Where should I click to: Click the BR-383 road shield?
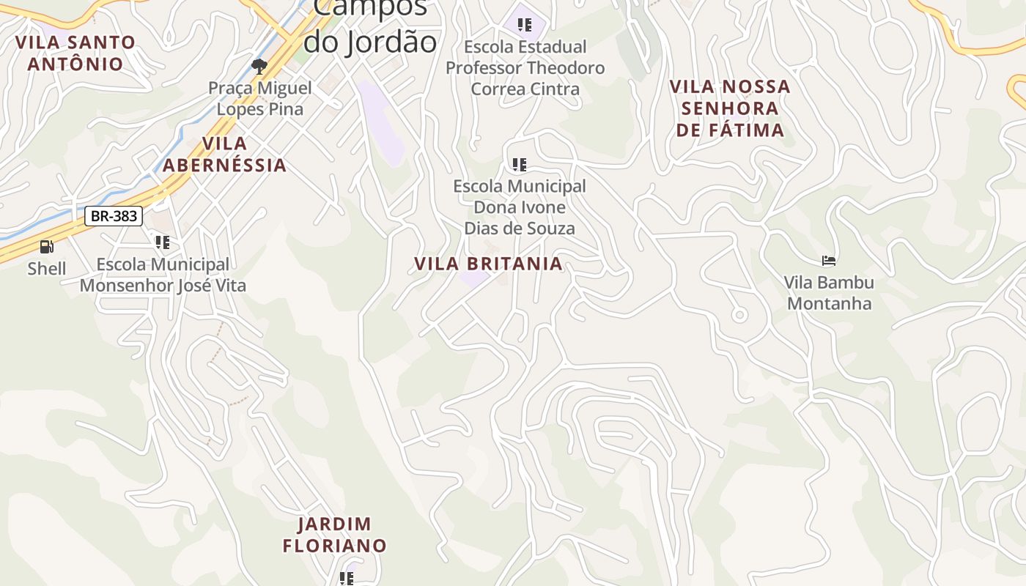[x=114, y=216]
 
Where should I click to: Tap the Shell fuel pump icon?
[x=46, y=247]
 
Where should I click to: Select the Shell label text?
[x=47, y=269]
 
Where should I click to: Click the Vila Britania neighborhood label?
[x=488, y=264]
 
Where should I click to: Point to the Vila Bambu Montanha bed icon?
[x=829, y=260]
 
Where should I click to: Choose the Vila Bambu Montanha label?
[x=829, y=293]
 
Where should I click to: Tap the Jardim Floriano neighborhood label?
[x=334, y=535]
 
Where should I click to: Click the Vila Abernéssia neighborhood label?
[x=224, y=155]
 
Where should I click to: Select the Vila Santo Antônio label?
[x=75, y=53]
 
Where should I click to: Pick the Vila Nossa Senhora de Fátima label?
[x=730, y=108]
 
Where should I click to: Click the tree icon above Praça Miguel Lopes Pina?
[x=259, y=67]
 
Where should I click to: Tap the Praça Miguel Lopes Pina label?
[x=259, y=99]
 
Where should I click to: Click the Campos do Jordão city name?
[x=370, y=26]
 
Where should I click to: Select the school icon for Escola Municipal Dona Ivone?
[x=520, y=165]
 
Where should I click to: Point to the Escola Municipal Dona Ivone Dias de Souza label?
[x=520, y=207]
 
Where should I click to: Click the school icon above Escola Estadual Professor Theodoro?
[x=525, y=25]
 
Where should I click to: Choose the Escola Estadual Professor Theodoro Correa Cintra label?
[x=525, y=68]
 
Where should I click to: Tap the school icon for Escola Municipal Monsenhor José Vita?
[x=163, y=242]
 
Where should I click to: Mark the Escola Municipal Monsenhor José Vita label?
[x=163, y=275]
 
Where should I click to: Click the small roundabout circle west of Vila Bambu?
[x=739, y=316]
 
